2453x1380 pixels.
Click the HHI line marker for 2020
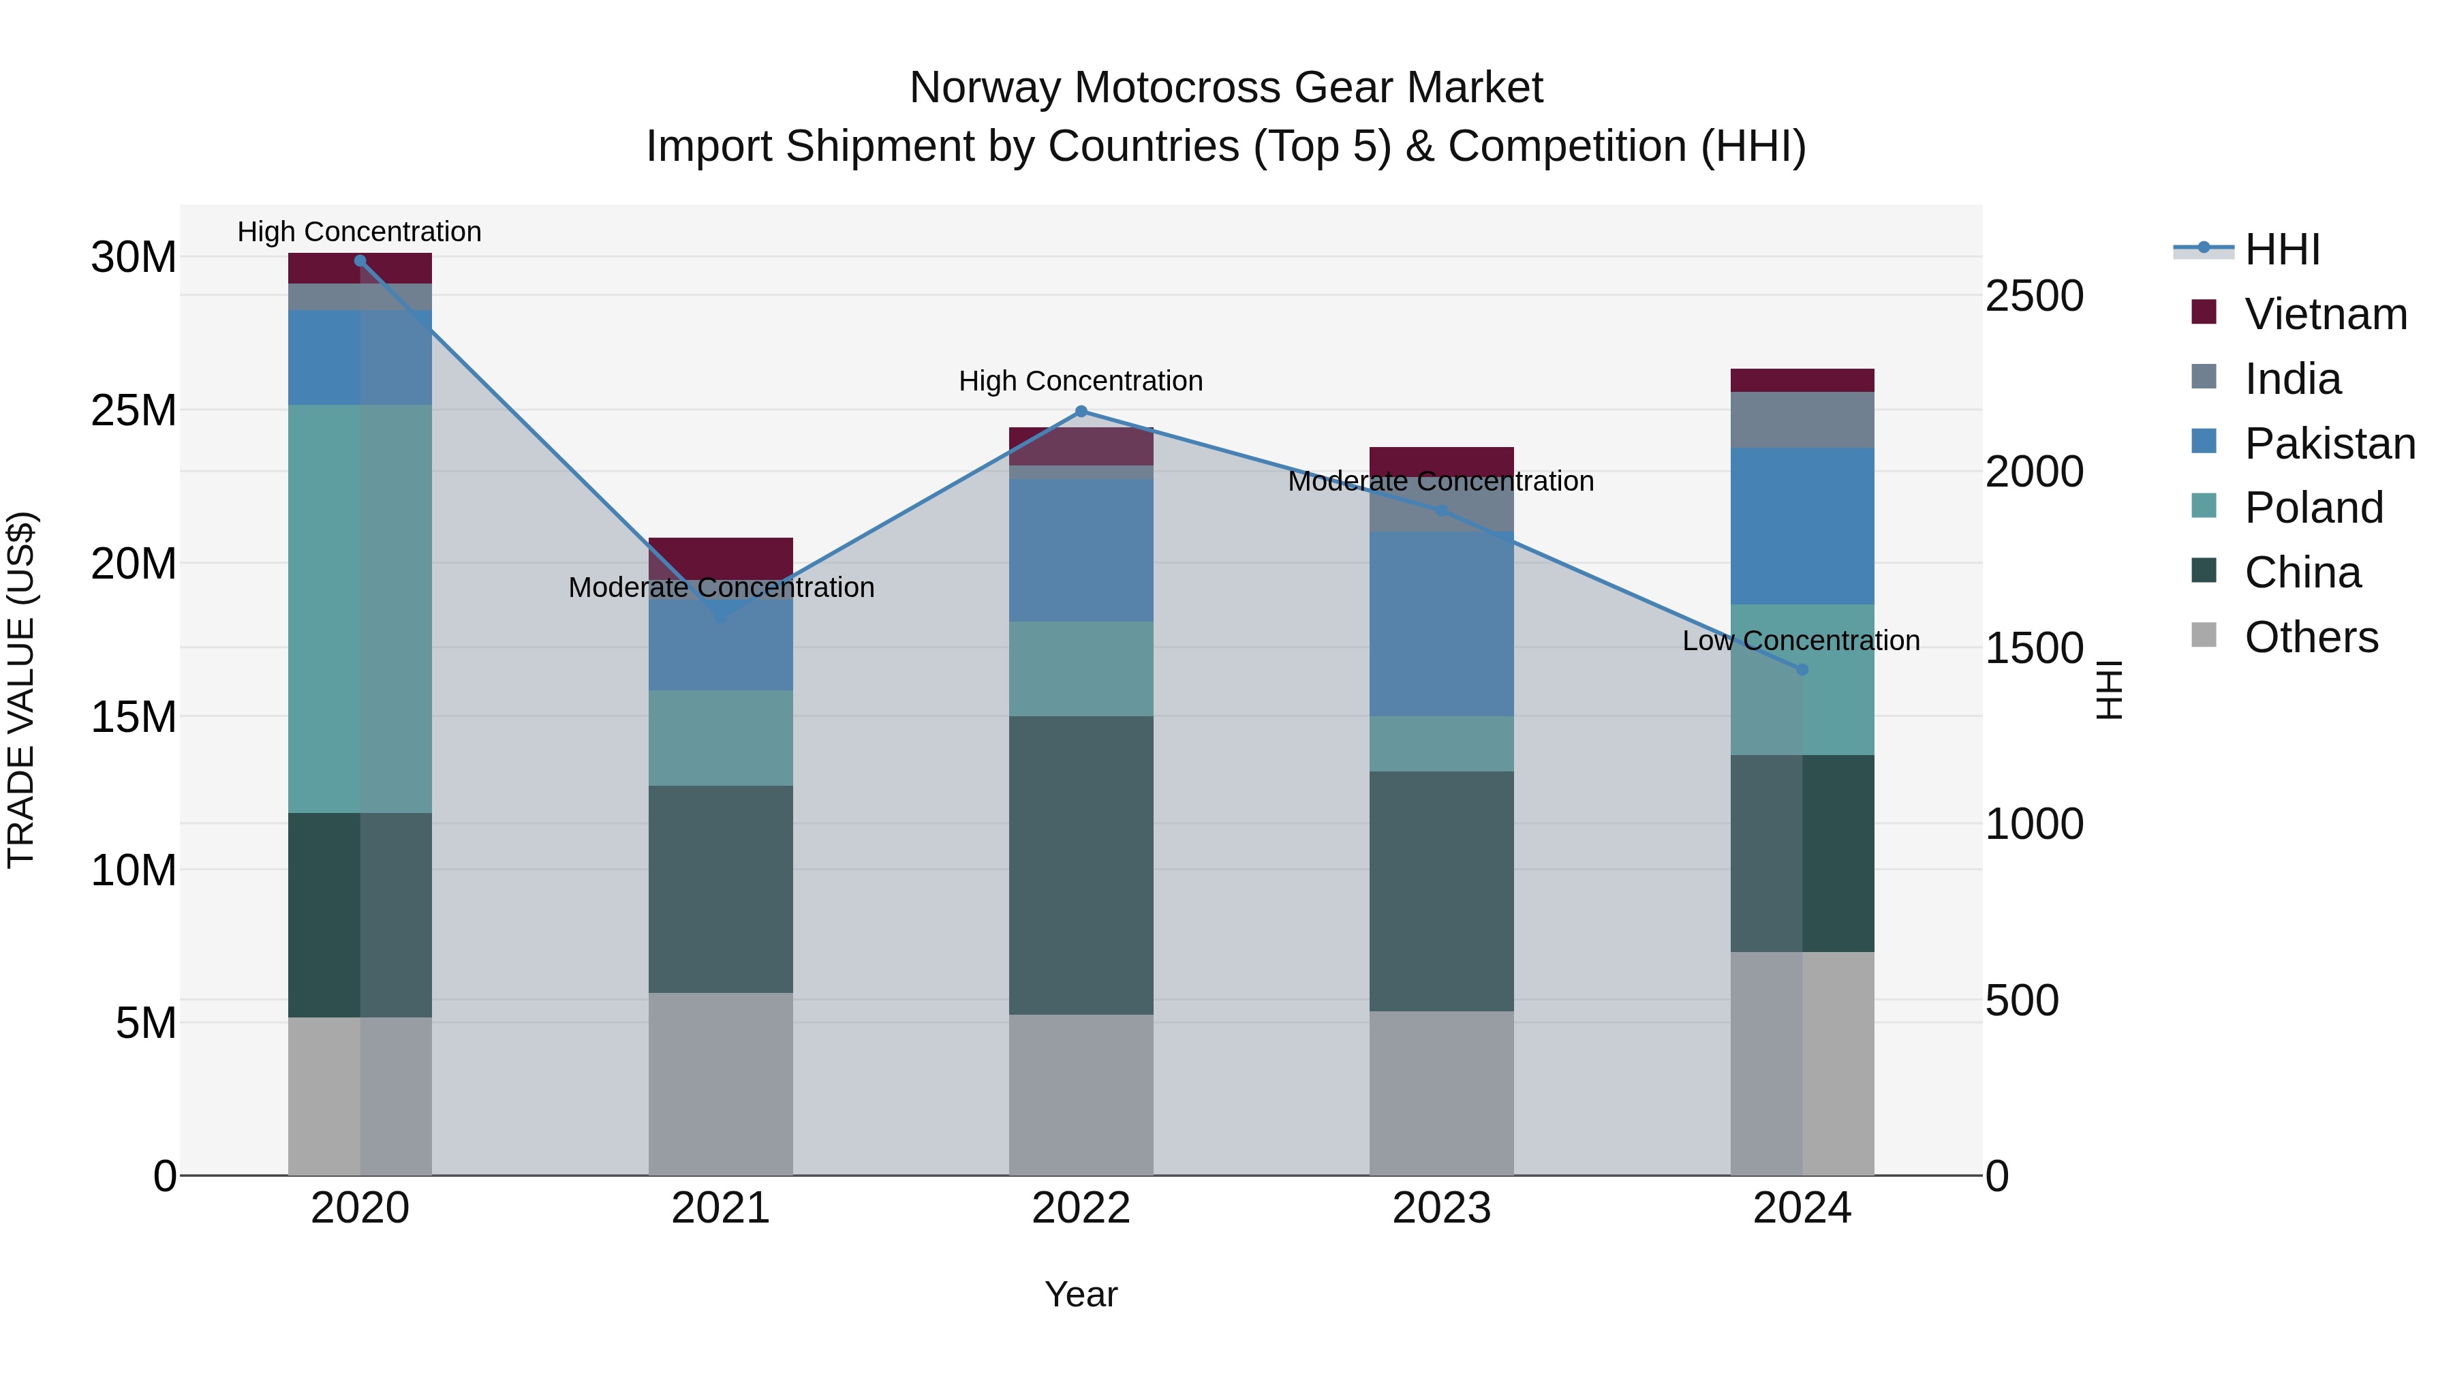pos(360,261)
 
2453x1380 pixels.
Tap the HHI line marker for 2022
pos(1081,412)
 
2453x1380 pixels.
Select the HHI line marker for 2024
pos(1802,669)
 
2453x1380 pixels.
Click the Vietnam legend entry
pos(2324,314)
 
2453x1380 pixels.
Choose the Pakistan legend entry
pos(2328,444)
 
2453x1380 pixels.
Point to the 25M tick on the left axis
pos(134,410)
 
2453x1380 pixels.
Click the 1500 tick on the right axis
pos(2034,649)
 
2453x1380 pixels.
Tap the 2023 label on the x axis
pos(1440,1208)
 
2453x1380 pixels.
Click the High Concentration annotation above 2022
pos(1081,381)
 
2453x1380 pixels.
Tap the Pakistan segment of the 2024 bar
pos(1802,527)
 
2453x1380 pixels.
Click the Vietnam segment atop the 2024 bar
pos(1802,380)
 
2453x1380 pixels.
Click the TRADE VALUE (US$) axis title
pos(21,690)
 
